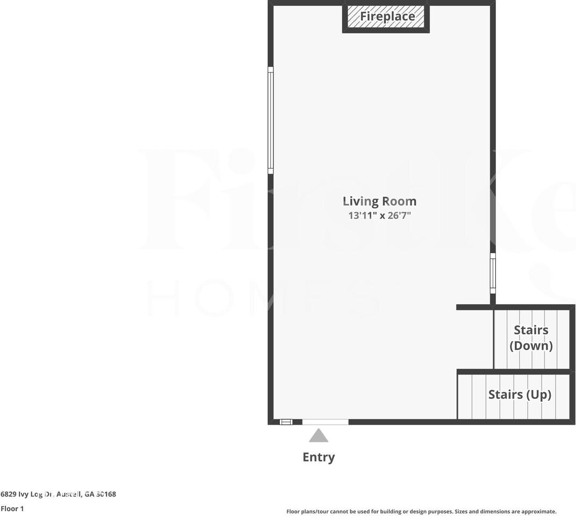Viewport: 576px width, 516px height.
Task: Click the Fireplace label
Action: tap(387, 16)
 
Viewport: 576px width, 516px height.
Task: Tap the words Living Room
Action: tap(379, 202)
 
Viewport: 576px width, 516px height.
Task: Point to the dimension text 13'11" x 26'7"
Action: tap(379, 216)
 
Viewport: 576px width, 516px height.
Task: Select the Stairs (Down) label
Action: tap(531, 338)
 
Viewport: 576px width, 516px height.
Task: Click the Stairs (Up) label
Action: tap(520, 395)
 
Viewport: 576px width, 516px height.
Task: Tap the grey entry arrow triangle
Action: tap(319, 436)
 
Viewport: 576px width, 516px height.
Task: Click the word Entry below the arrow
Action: tap(319, 457)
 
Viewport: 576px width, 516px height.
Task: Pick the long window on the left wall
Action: tap(271, 120)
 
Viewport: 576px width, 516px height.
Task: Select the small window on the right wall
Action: tap(493, 273)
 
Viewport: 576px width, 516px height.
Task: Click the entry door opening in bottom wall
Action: tap(325, 422)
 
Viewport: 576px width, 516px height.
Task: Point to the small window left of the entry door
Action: tap(286, 422)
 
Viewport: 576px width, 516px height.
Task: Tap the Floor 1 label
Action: tap(12, 508)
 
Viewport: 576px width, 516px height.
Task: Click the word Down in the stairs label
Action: tap(531, 346)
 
